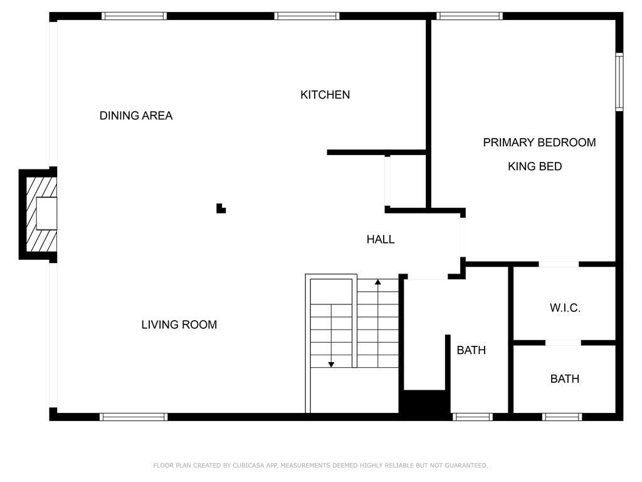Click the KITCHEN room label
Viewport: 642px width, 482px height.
[325, 95]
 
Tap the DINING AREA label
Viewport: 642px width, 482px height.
[136, 115]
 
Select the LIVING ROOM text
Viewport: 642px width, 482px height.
[179, 324]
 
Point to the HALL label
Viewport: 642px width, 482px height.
[381, 239]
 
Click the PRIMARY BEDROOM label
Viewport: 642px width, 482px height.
[539, 142]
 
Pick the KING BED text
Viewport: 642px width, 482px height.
[535, 166]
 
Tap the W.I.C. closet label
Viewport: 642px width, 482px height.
[565, 308]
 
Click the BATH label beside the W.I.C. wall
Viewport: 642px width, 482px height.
[471, 350]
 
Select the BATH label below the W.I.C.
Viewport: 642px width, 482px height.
[565, 378]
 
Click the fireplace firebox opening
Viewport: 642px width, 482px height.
[46, 213]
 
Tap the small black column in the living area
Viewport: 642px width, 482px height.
[221, 208]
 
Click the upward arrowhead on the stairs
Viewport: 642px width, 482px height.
[378, 282]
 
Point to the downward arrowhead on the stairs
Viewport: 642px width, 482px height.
[331, 365]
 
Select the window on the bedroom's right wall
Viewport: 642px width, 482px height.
[619, 82]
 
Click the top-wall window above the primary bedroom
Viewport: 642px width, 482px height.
[469, 16]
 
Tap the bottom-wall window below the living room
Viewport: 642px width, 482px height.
[134, 417]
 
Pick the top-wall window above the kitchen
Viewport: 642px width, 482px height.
[307, 16]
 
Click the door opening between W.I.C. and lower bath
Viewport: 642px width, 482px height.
[563, 343]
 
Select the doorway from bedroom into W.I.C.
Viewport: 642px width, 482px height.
[559, 264]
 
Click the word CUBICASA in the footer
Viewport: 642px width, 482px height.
[248, 465]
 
